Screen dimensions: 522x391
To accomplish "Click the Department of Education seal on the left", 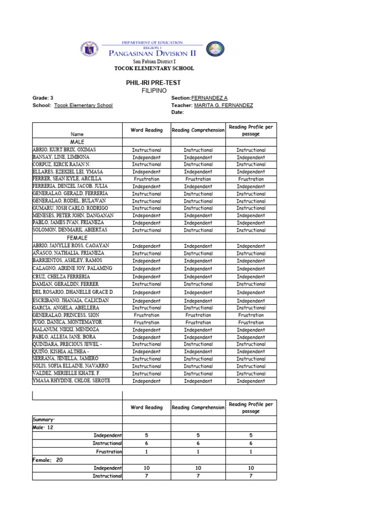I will tap(89, 49).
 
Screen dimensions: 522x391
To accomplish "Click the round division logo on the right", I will tap(214, 49).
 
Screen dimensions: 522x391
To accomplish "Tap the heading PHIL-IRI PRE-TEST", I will tap(153, 83).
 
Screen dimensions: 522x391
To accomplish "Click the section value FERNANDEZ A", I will tap(209, 97).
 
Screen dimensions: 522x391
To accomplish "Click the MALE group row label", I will tap(77, 141).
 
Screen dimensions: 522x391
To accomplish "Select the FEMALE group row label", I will tap(77, 238).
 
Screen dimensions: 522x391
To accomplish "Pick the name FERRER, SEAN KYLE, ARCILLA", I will tap(67, 179).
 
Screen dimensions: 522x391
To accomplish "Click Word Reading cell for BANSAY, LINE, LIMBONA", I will tap(146, 158).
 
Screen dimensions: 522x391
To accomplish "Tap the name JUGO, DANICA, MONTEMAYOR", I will tap(67, 322).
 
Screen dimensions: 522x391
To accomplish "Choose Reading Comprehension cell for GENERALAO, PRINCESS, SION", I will tap(198, 315).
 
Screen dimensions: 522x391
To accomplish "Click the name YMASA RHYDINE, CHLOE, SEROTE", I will tap(71, 380).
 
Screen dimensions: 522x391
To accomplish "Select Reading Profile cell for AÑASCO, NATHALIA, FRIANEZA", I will tap(250, 253).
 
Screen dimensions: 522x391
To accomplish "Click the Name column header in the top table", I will tap(77, 134).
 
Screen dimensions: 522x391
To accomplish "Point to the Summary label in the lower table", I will tap(43, 419).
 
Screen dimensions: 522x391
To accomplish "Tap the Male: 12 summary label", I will tap(43, 427).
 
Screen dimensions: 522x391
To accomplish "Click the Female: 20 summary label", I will tap(47, 460).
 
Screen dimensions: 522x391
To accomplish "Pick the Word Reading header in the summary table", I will tap(146, 407).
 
